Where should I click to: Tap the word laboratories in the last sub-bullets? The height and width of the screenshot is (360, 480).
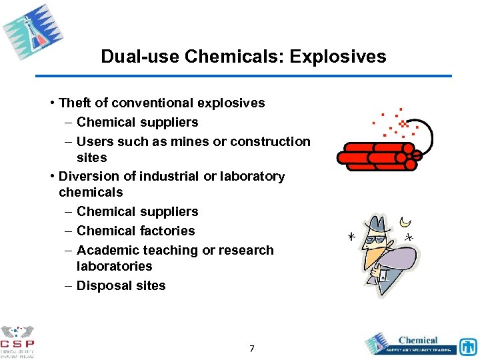coord(114,266)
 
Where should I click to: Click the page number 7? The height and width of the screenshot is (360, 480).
coord(251,348)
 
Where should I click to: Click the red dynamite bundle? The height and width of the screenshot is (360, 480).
coord(377,155)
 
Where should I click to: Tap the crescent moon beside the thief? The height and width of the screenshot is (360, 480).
coord(404,221)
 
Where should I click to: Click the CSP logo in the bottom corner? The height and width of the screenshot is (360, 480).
coord(17,341)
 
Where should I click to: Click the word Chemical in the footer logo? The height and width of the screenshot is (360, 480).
coord(418,340)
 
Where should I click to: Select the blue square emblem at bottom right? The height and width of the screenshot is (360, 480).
coord(467,347)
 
